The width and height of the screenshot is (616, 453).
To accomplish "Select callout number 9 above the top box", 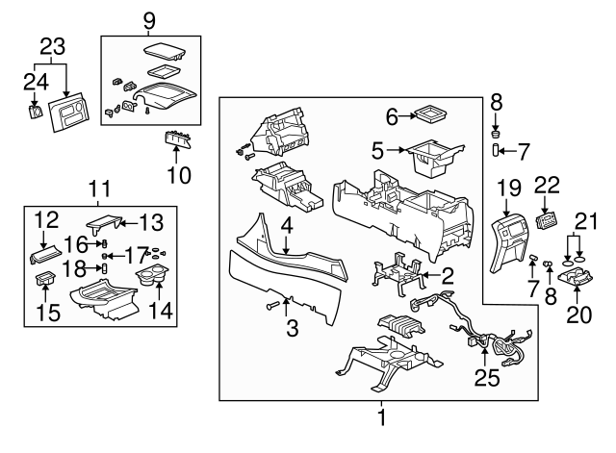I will (149, 18).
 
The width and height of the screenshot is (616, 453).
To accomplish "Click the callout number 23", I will (53, 45).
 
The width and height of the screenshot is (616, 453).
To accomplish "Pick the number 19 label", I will (508, 185).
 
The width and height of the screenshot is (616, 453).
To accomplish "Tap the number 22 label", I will (547, 186).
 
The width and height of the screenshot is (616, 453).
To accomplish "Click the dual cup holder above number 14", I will (154, 279).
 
